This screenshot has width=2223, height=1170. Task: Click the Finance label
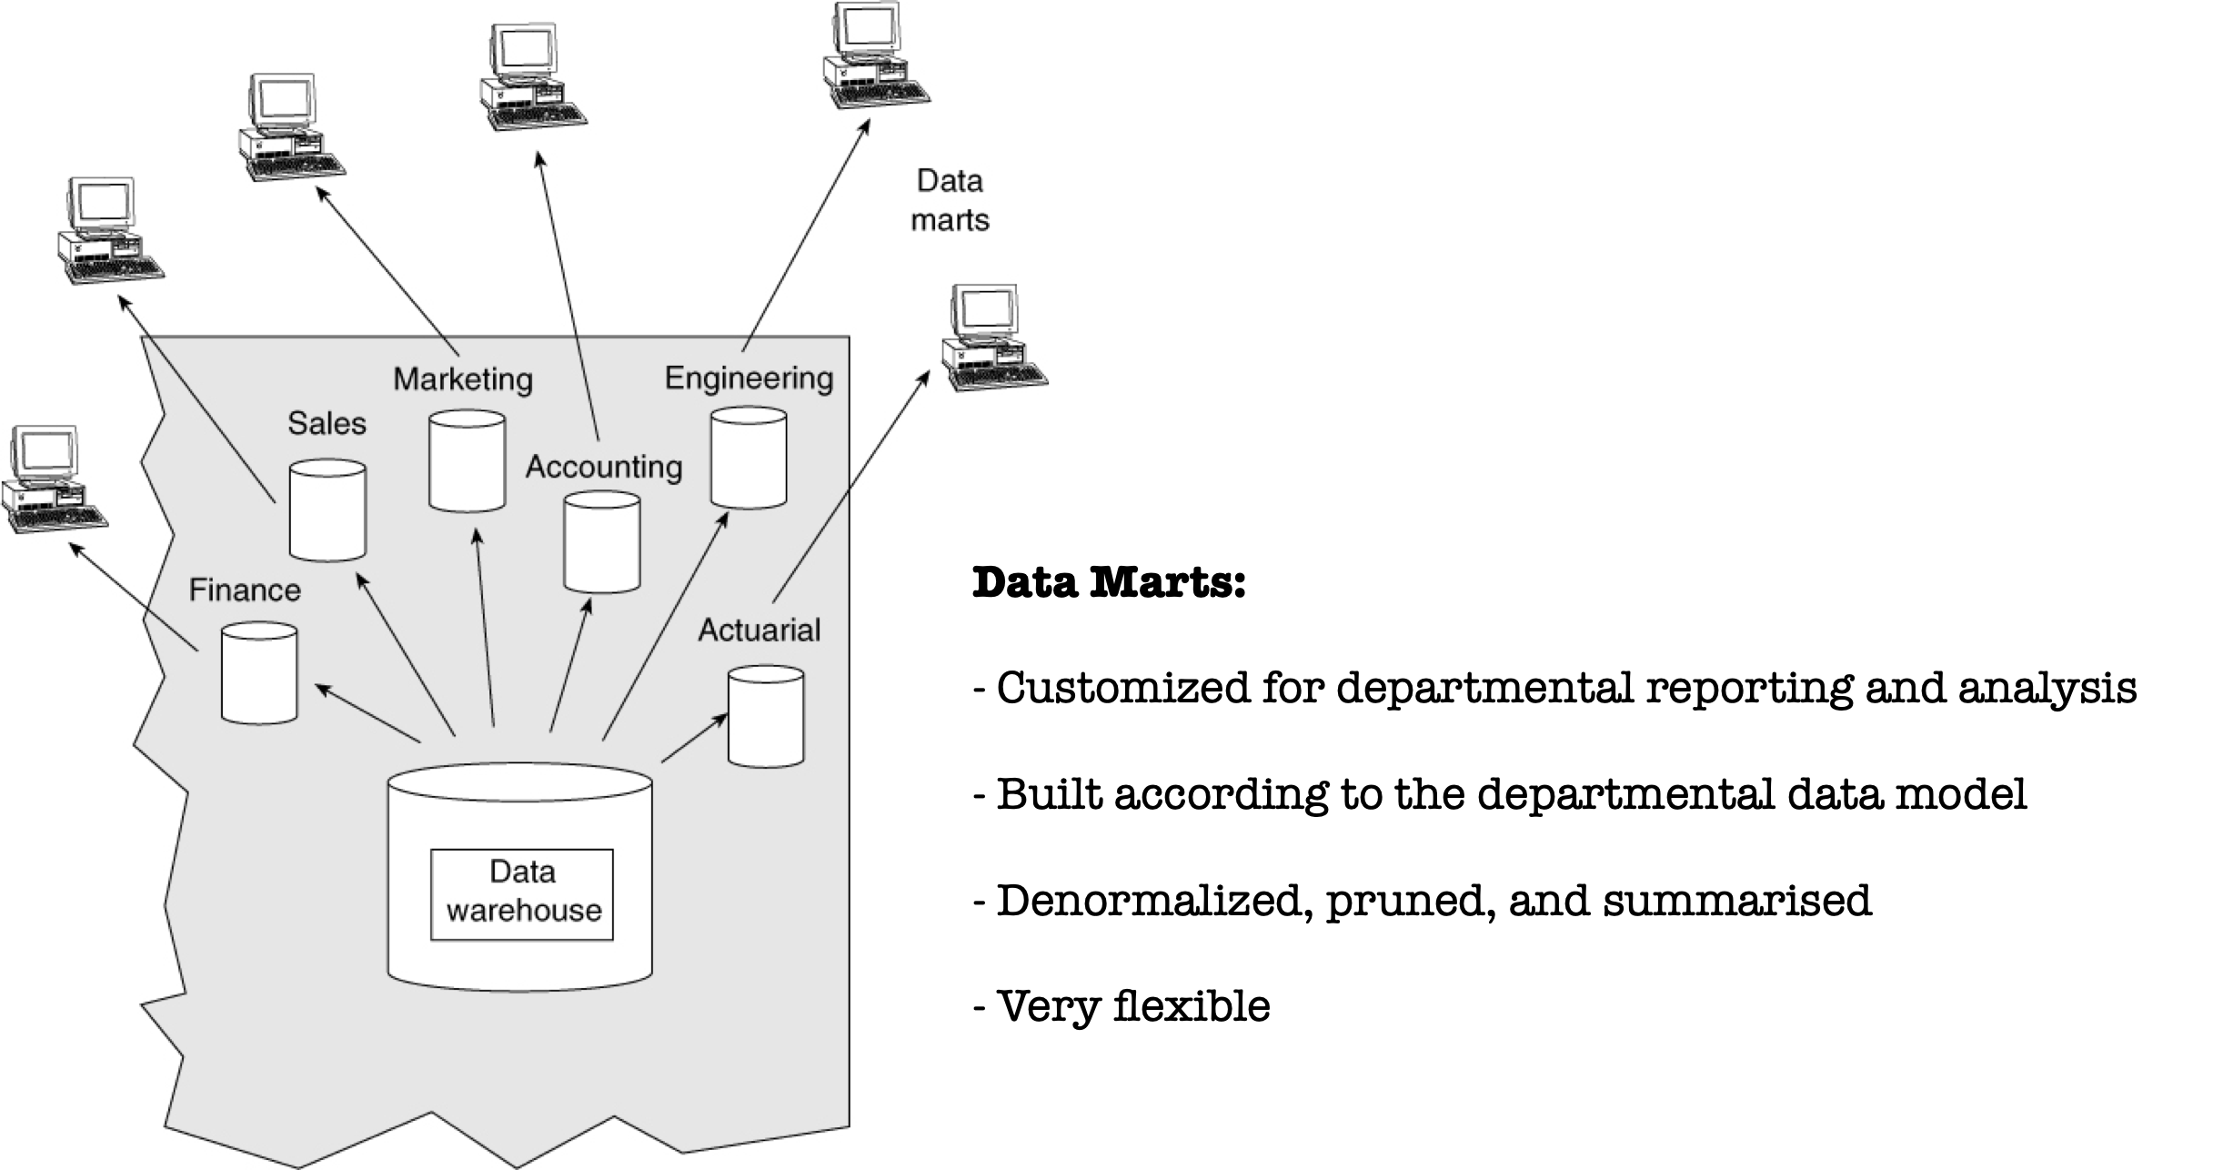point(245,590)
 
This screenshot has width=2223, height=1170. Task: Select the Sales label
point(327,423)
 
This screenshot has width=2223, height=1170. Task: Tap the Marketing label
point(463,378)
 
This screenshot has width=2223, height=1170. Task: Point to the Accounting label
point(604,467)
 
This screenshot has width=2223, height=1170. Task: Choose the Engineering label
point(749,378)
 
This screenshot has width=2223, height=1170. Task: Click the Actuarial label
point(759,630)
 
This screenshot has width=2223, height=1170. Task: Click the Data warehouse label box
point(522,893)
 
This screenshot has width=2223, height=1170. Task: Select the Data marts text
point(950,200)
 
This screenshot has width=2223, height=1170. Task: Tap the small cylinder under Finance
point(259,673)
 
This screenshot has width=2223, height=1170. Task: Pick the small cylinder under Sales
point(327,510)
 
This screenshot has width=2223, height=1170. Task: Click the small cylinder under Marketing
point(467,461)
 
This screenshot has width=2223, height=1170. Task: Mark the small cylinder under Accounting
point(602,542)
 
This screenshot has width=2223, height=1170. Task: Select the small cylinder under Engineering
point(749,458)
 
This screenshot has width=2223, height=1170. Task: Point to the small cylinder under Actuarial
point(766,716)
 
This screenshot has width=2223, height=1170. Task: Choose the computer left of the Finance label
point(54,479)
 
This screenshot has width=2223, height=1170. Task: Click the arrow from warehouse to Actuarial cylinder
point(694,738)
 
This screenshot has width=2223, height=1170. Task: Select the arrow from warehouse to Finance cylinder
point(367,714)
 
